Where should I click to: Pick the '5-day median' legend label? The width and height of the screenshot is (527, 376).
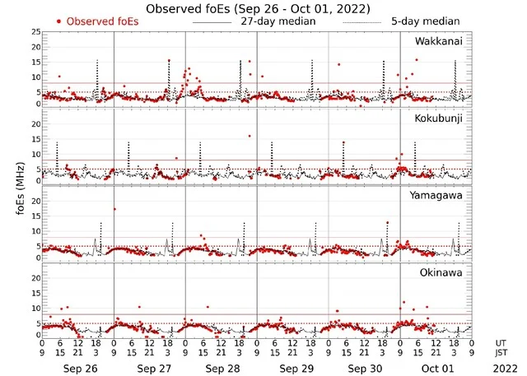425,21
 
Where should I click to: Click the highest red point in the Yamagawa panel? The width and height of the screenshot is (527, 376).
114,209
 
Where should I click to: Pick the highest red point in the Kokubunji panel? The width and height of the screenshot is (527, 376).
249,137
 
